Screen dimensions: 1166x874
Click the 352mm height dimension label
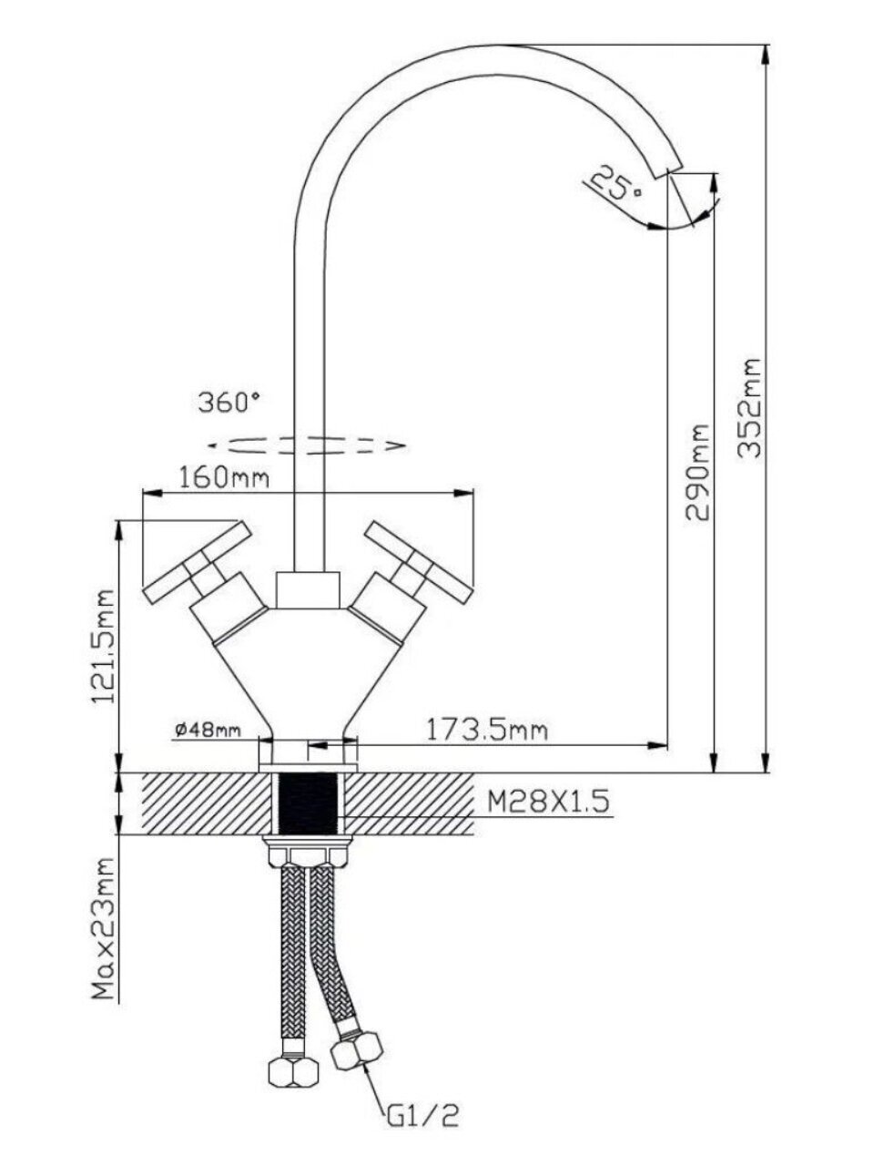click(749, 411)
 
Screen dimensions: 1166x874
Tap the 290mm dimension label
click(698, 471)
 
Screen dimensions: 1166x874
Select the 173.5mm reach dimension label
click(487, 729)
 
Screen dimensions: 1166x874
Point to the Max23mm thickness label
click(107, 928)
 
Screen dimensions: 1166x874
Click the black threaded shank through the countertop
click(310, 803)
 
